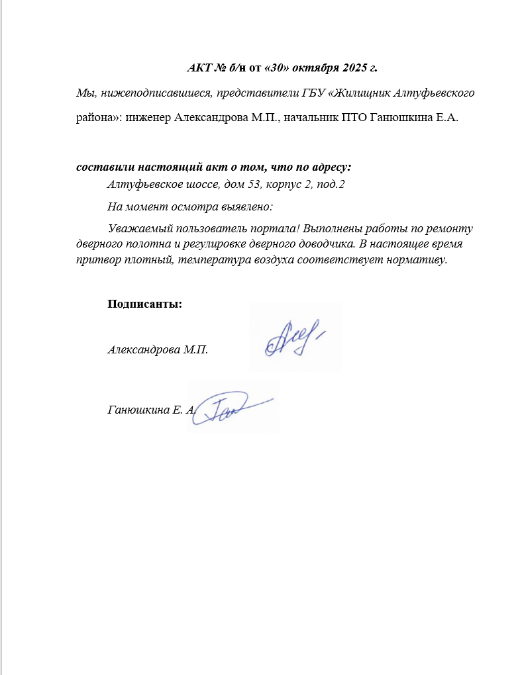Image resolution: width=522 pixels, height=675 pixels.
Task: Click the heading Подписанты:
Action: coord(144,304)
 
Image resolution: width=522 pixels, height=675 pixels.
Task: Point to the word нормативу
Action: coord(419,259)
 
